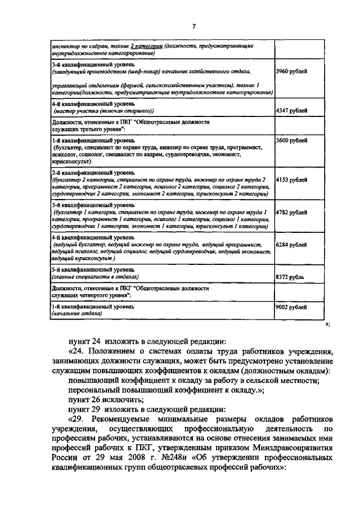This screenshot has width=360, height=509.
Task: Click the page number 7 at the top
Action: tap(193, 26)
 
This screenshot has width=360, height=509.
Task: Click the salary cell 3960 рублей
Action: tap(291, 72)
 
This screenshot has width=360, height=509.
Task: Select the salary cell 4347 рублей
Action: tap(291, 111)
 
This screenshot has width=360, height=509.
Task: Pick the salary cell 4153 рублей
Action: tap(291, 179)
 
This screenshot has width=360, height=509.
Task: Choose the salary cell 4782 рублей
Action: tap(291, 213)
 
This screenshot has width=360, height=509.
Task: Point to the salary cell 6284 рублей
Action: tap(291, 245)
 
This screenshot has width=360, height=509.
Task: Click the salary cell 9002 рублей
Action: tap(291, 307)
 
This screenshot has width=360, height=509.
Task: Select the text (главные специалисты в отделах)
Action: tap(94, 277)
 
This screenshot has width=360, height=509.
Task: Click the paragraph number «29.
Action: tap(78, 420)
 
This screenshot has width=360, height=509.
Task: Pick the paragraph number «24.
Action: tap(78, 350)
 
